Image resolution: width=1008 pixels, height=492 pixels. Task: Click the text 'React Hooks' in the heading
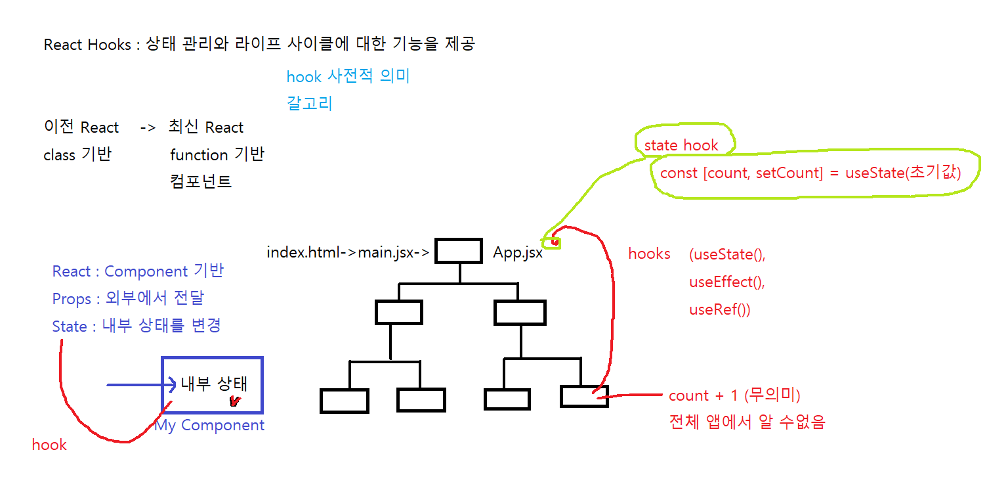click(x=87, y=45)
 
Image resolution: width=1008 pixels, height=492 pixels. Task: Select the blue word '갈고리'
click(x=310, y=104)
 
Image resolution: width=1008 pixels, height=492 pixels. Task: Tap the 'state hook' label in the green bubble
click(x=681, y=146)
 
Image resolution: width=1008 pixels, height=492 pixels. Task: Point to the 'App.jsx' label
click(x=518, y=253)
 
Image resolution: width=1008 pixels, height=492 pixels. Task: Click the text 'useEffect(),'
click(x=727, y=282)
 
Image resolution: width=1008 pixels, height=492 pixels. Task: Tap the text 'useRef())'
click(x=719, y=310)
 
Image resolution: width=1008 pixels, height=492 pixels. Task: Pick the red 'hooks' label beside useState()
click(x=649, y=254)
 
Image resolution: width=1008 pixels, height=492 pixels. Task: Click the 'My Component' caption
click(x=210, y=426)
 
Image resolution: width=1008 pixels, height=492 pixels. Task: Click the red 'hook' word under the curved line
click(x=49, y=445)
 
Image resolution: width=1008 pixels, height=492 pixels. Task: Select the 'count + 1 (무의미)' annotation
click(x=734, y=396)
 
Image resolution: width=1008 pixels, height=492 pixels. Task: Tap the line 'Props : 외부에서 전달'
click(x=128, y=299)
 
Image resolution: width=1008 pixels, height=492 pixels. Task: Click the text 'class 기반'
click(x=77, y=155)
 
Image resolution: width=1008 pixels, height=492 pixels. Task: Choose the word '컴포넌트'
click(x=201, y=181)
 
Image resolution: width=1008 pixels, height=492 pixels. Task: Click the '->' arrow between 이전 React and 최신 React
click(x=148, y=127)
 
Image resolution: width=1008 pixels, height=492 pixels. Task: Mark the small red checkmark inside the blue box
click(x=234, y=401)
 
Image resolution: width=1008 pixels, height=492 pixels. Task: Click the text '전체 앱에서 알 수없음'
click(x=747, y=422)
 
